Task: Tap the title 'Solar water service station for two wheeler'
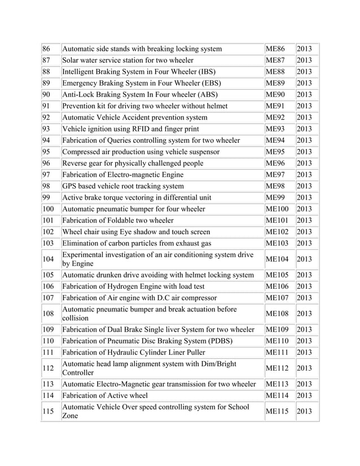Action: pyautogui.click(x=128, y=60)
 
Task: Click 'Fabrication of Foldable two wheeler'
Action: pyautogui.click(x=118, y=220)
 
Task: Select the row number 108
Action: pyautogui.click(x=49, y=314)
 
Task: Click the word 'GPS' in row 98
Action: pyautogui.click(x=71, y=186)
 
